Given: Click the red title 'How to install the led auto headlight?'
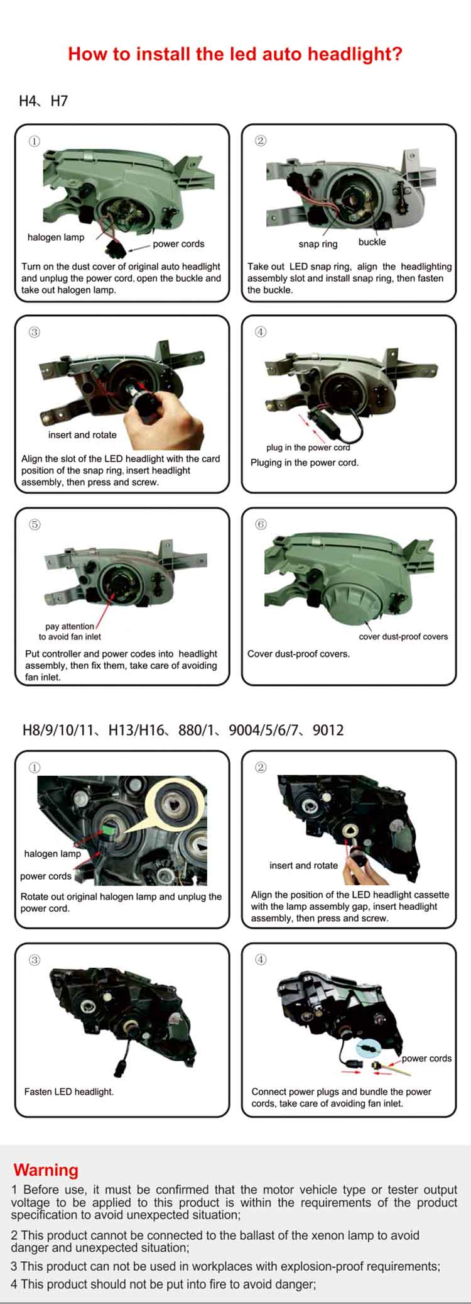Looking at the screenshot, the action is [x=235, y=54].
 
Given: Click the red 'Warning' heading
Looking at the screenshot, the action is [x=46, y=1170].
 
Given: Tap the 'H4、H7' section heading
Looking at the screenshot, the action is [x=43, y=101].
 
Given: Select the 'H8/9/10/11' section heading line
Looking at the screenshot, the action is [x=183, y=730].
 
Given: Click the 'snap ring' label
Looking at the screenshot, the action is [x=318, y=244].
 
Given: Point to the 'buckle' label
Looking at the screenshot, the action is [x=372, y=242].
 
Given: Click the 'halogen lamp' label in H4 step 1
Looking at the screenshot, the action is [x=55, y=237].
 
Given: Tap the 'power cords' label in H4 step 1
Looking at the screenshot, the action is [x=178, y=244].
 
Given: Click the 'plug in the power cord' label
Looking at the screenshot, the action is [x=308, y=448].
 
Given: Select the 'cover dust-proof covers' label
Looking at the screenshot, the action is [x=403, y=636].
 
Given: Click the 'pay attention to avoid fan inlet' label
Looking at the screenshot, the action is [x=70, y=631].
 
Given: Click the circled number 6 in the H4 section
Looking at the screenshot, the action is [x=261, y=524].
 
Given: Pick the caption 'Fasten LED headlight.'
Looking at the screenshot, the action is [x=69, y=1091].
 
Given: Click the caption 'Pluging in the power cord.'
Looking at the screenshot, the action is [x=305, y=463].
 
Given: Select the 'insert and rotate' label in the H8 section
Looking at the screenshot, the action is [x=303, y=865].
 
